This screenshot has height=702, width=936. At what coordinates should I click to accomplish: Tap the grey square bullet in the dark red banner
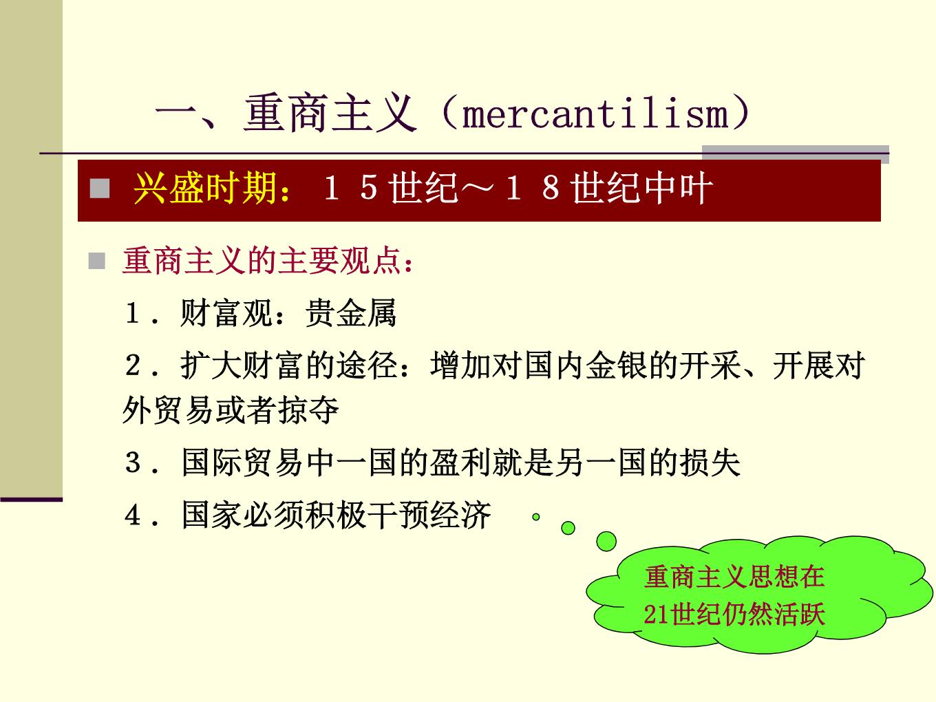click(100, 189)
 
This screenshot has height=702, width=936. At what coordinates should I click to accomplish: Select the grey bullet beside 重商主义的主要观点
click(97, 261)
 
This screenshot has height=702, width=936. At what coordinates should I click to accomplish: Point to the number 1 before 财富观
click(132, 313)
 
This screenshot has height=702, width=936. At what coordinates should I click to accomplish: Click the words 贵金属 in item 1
click(350, 313)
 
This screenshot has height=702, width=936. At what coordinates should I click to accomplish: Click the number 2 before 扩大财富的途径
click(133, 365)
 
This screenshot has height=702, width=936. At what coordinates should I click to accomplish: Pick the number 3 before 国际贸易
click(133, 462)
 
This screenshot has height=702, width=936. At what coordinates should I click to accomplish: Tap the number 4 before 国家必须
click(133, 515)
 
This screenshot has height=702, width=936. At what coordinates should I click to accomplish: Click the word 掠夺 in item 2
click(308, 410)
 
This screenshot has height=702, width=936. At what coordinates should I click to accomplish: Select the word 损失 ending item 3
click(710, 462)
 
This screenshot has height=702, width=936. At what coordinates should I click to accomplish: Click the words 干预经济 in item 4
click(429, 515)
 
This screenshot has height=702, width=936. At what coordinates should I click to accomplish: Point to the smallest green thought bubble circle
click(536, 517)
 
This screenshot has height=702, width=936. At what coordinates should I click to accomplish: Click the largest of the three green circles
click(606, 542)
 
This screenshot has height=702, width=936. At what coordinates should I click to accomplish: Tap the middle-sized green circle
click(568, 528)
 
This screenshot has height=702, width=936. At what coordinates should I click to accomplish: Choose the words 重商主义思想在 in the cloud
click(734, 577)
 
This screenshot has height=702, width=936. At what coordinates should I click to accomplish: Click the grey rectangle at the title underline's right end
click(796, 154)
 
